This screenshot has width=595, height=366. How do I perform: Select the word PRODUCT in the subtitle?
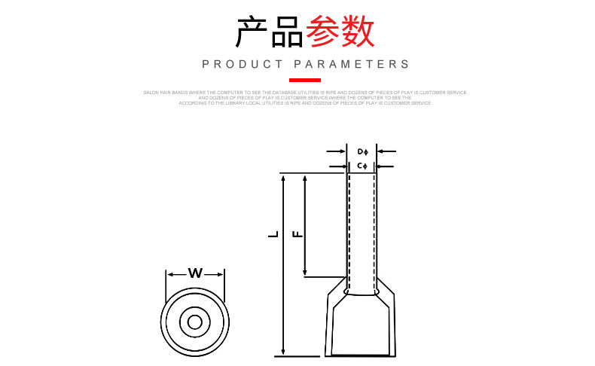pyautogui.click(x=243, y=65)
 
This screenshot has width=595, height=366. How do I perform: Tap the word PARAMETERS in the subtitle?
pyautogui.click(x=352, y=65)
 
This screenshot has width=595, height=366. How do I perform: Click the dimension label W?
pyautogui.click(x=195, y=273)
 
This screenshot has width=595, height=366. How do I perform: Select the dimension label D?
pyautogui.click(x=361, y=152)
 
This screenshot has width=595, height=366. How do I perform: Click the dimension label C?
pyautogui.click(x=361, y=165)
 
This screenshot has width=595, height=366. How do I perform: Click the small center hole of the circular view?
pyautogui.click(x=195, y=322)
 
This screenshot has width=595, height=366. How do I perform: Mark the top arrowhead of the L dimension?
pyautogui.click(x=282, y=178)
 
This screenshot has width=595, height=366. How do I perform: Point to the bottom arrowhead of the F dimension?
pyautogui.click(x=305, y=272)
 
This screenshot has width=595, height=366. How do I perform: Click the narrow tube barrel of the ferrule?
pyautogui.click(x=362, y=226)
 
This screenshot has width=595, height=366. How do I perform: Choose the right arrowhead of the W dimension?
pyautogui.click(x=221, y=273)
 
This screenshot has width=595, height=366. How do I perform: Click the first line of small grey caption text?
pyautogui.click(x=305, y=92)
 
